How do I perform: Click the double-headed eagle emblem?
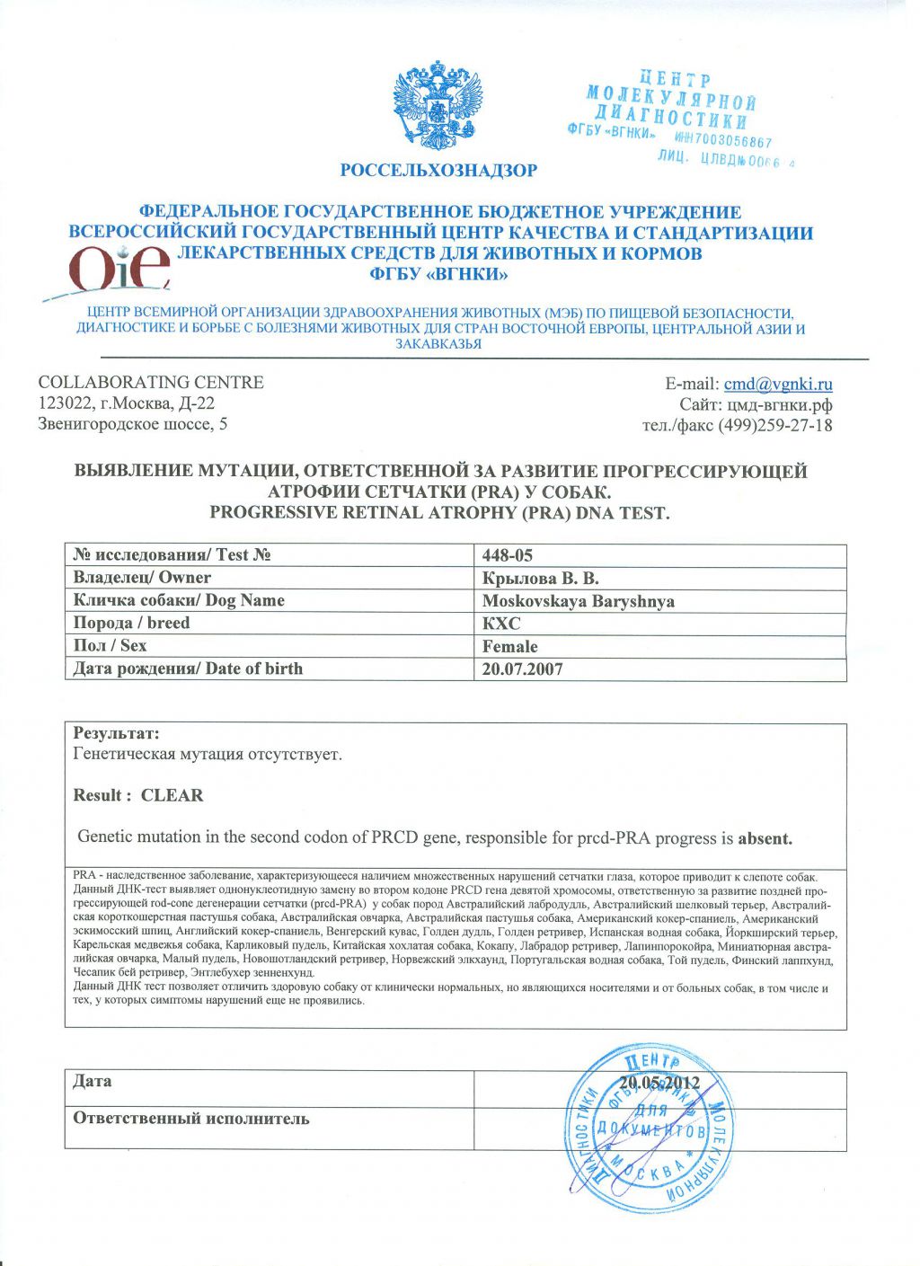[x=438, y=106]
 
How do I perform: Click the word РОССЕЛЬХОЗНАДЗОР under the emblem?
[x=438, y=170]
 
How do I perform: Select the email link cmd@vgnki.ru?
[x=778, y=384]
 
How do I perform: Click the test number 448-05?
[x=508, y=555]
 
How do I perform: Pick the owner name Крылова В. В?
[x=540, y=578]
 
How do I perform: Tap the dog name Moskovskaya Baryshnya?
[x=578, y=601]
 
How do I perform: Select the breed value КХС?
[x=501, y=624]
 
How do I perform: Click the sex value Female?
[x=509, y=646]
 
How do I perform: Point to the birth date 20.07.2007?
[x=522, y=669]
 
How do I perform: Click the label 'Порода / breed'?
[x=131, y=623]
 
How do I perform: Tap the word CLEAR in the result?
[x=172, y=795]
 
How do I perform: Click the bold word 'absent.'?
[x=765, y=839]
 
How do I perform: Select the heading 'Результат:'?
[x=116, y=733]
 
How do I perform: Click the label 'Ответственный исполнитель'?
[x=190, y=1119]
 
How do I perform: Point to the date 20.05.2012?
[x=659, y=1083]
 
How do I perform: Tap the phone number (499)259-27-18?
[x=775, y=425]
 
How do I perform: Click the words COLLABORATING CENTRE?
[x=151, y=382]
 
